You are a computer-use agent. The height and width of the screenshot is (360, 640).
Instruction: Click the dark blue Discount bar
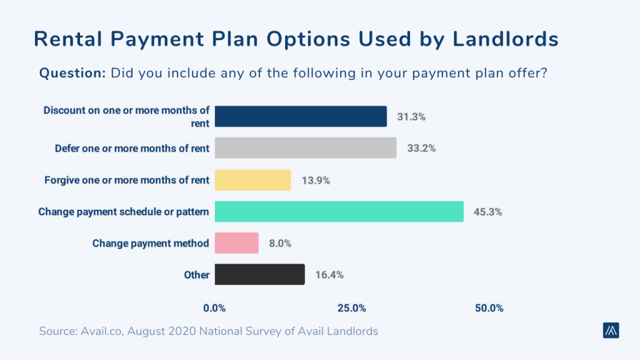301,116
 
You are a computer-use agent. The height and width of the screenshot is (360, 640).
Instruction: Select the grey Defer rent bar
305,148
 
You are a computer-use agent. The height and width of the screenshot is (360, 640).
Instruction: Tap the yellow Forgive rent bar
252,180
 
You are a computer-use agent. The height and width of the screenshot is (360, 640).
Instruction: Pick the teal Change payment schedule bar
339,211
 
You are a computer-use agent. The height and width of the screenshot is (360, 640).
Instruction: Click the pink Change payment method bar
236,243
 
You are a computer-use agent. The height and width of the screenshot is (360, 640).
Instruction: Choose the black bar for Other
259,274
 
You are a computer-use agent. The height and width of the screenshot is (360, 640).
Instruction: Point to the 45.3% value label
487,212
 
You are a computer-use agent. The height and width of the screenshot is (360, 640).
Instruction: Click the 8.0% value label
279,243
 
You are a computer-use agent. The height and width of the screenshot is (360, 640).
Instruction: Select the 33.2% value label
421,149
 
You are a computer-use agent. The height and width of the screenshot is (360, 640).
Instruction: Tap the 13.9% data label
315,180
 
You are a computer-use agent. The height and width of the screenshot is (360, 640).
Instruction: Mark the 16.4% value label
329,274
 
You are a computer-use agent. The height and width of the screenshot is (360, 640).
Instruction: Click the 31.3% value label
411,117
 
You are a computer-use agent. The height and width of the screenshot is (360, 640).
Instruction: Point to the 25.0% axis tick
351,308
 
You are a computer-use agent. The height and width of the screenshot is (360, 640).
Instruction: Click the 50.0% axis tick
488,308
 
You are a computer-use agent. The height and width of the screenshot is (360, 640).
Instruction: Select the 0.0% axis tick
214,308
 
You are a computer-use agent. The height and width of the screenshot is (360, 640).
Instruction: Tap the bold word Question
72,73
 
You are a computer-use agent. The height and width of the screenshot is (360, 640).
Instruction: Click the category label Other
196,274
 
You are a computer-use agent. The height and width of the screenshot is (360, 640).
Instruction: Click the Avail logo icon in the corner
611,331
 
